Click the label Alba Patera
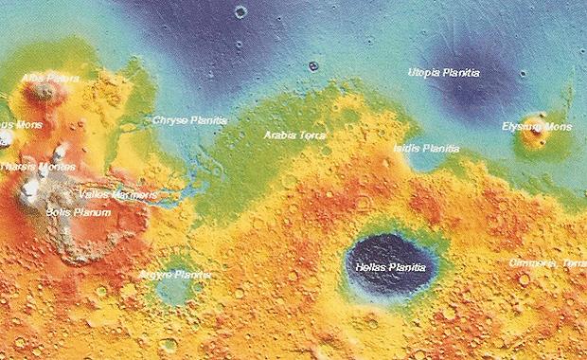(x=49, y=78)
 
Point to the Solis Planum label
(x=79, y=212)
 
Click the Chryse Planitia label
(x=189, y=121)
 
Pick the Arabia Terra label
(x=294, y=135)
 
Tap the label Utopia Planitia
(x=443, y=72)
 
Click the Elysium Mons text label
(x=536, y=126)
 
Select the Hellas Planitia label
(x=391, y=268)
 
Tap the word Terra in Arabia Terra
(x=312, y=135)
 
